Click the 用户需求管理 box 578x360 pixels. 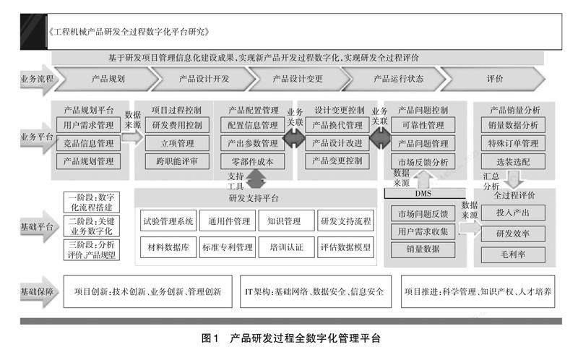[88, 126]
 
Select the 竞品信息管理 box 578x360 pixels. [88, 143]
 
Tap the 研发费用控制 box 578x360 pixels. [177, 126]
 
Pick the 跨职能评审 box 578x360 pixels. [177, 160]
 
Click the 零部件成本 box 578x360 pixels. [253, 160]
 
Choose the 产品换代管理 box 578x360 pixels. [338, 126]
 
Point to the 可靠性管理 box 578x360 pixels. [423, 126]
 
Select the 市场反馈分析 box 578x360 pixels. [423, 160]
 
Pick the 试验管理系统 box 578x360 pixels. [167, 221]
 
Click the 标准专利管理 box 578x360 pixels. [227, 247]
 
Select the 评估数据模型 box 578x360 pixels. [345, 247]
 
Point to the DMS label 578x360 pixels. [423, 193]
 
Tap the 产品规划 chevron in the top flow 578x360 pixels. [108, 78]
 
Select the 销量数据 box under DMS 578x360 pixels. [423, 249]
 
